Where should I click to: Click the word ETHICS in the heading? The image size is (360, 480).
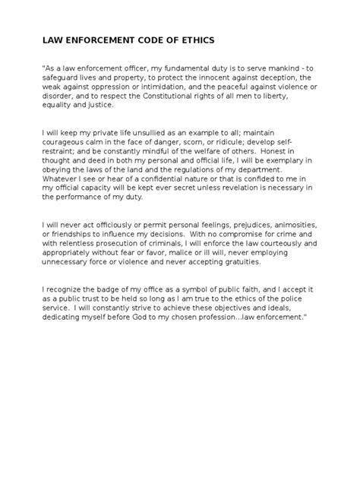click(194, 39)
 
